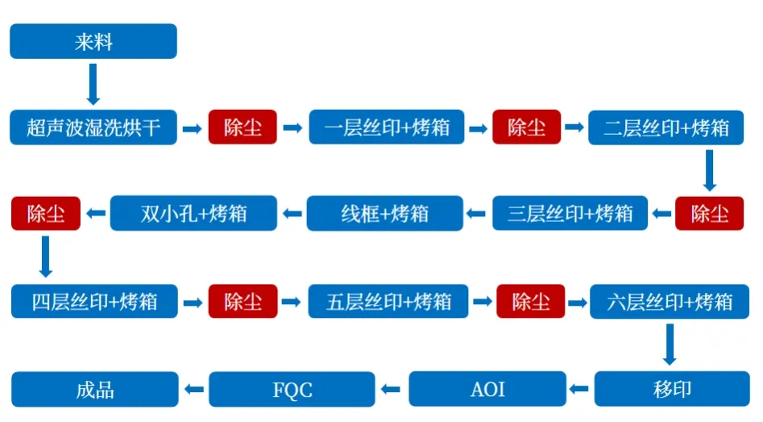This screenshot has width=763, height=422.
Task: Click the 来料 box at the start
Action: pyautogui.click(x=93, y=41)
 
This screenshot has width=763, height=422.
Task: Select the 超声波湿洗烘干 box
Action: pyautogui.click(x=93, y=127)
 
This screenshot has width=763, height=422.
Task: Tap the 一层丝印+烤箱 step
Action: pyautogui.click(x=387, y=127)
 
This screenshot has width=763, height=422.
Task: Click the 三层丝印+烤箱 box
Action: pyautogui.click(x=570, y=214)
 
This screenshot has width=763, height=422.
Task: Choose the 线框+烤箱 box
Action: pyautogui.click(x=385, y=214)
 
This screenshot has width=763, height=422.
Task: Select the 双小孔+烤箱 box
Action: pyautogui.click(x=193, y=214)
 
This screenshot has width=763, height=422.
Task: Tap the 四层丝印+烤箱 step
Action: pyautogui.click(x=94, y=302)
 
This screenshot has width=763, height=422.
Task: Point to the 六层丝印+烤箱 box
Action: pyautogui.click(x=670, y=302)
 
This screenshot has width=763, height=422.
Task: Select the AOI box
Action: pyautogui.click(x=487, y=389)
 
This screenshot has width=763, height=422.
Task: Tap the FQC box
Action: pyautogui.click(x=292, y=389)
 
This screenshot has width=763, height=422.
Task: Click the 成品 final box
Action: pyautogui.click(x=94, y=389)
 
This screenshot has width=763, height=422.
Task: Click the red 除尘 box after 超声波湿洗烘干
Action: pyautogui.click(x=243, y=127)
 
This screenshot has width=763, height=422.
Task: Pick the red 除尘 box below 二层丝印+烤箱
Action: pyautogui.click(x=709, y=214)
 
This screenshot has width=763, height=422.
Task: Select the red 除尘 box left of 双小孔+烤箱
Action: pyautogui.click(x=45, y=214)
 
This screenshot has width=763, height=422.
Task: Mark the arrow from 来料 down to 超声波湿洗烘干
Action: pyautogui.click(x=93, y=83)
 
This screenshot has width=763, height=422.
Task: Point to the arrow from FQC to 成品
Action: pyautogui.click(x=193, y=390)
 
